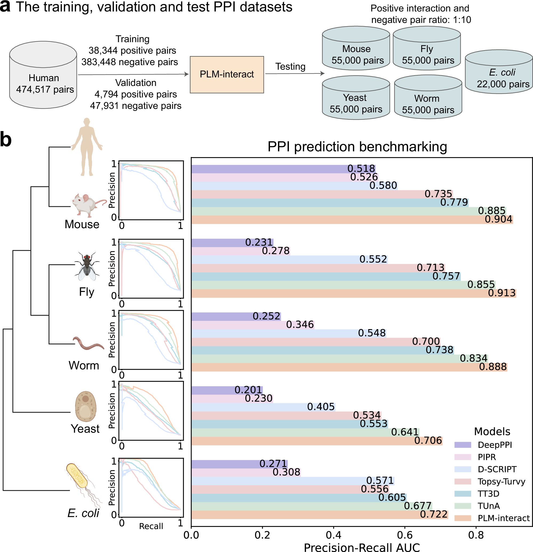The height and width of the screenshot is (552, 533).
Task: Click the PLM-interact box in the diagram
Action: (226, 75)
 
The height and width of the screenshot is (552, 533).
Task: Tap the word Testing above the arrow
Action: (290, 66)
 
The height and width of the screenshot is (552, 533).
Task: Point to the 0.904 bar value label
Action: (498, 219)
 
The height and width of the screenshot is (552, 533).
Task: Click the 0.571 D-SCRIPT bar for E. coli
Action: (293, 481)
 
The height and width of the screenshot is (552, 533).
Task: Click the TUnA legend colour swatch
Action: (462, 506)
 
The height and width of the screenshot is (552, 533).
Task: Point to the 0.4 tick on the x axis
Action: (333, 535)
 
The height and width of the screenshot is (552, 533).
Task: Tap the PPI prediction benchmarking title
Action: (357, 147)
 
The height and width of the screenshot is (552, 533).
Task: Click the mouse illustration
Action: (87, 205)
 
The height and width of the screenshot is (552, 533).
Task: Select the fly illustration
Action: (87, 266)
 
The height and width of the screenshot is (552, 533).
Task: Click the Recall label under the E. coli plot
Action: (151, 526)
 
